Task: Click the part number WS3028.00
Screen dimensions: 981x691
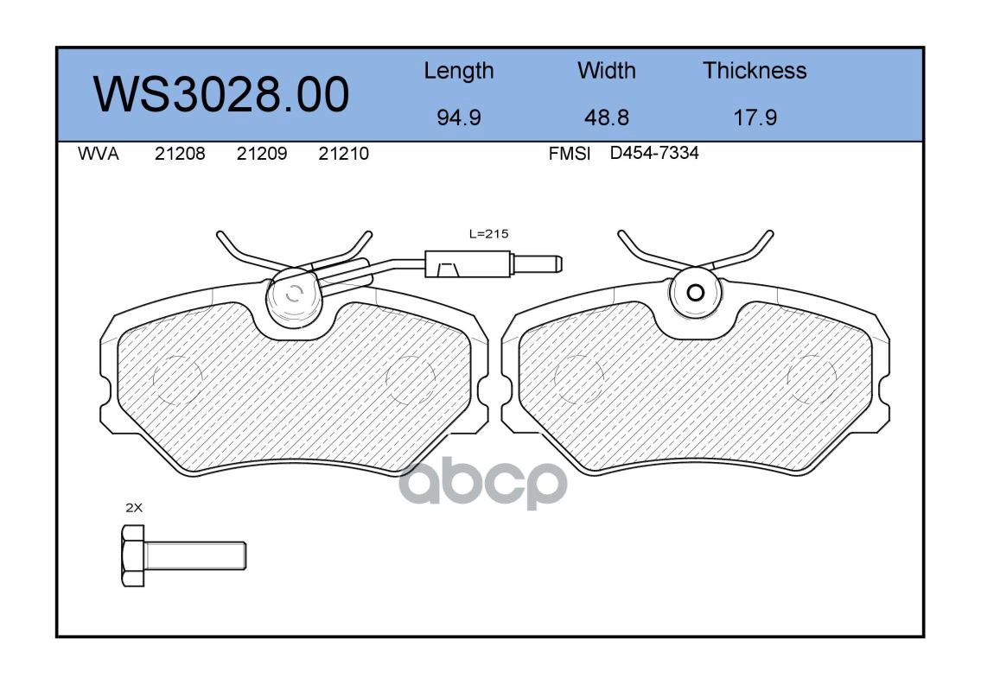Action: click(x=221, y=95)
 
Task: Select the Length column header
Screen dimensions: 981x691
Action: click(x=459, y=71)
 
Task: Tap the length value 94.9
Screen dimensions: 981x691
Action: click(x=459, y=117)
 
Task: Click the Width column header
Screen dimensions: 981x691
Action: click(x=606, y=70)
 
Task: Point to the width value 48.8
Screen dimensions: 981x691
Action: click(x=606, y=117)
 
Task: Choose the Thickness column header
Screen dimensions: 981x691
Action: click(x=755, y=70)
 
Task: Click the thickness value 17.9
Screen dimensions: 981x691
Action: click(x=755, y=117)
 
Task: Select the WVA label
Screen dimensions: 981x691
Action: click(x=99, y=154)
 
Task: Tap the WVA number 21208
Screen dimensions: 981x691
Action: click(x=180, y=154)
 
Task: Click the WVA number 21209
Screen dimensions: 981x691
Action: click(x=262, y=154)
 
